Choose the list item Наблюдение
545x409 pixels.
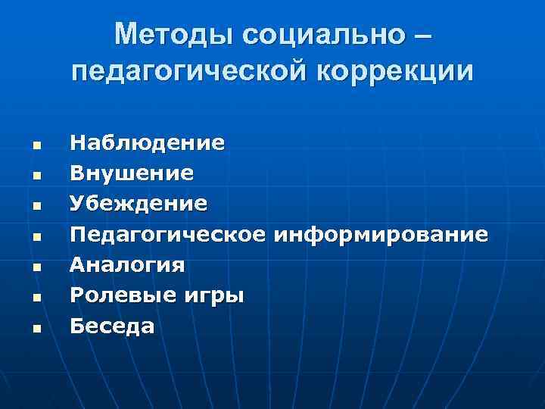coord(147,142)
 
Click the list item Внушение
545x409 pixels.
coord(132,174)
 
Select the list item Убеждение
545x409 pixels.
coord(138,204)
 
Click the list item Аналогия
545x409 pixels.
coord(127,265)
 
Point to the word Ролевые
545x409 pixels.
coord(114,295)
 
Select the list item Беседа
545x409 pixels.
coord(112,326)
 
